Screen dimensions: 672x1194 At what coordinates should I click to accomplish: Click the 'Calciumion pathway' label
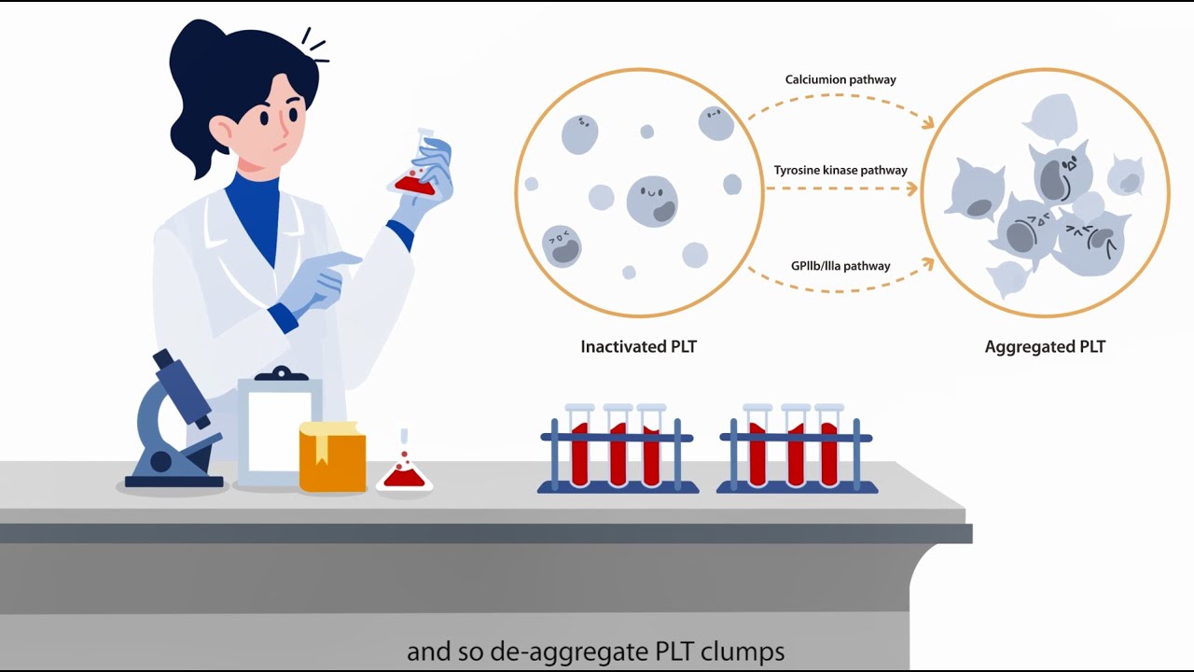click(x=840, y=80)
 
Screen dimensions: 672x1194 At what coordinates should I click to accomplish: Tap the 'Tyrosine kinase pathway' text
click(x=840, y=171)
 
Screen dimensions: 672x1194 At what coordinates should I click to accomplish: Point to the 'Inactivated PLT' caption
click(x=638, y=347)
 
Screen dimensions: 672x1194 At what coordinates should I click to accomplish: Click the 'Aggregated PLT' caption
click(x=1045, y=347)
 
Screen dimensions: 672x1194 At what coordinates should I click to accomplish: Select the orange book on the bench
click(x=332, y=456)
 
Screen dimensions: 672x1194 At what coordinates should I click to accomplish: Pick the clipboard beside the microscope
click(x=279, y=429)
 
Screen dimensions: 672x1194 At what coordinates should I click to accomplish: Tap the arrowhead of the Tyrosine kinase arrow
click(x=911, y=189)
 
